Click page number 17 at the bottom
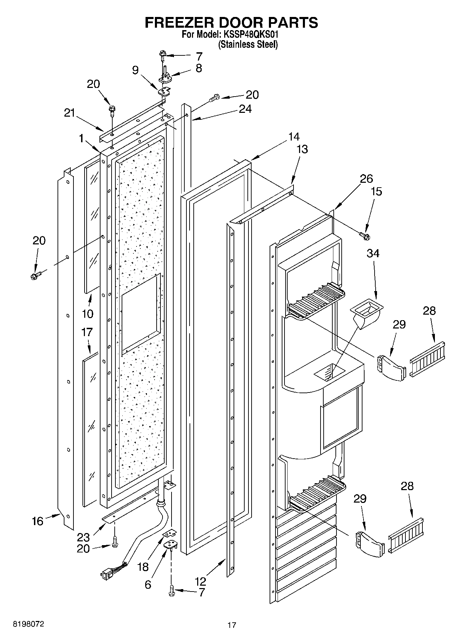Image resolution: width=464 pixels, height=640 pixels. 231,625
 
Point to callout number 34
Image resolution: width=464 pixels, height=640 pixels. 373,253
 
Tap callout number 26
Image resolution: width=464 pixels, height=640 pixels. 366,179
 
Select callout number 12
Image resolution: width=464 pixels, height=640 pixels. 200,581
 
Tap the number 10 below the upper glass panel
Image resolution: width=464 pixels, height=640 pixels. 88,314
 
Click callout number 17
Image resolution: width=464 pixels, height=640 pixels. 87,332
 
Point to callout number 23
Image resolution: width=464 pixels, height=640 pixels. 84,538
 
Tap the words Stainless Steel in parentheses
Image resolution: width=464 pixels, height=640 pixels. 248,44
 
